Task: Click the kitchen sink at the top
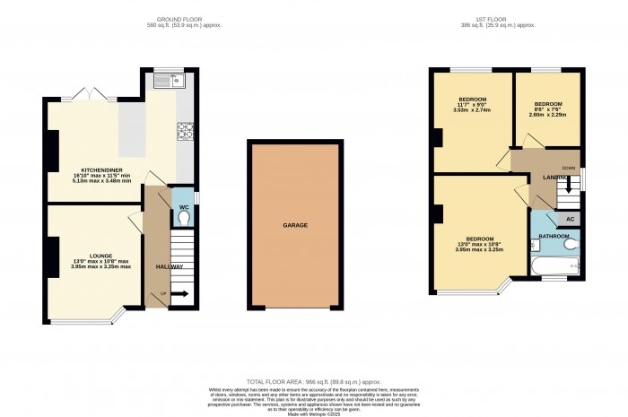point(168,83)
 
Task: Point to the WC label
point(183,206)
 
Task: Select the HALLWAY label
point(170,266)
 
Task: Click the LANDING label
point(555,177)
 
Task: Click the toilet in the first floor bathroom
point(570,242)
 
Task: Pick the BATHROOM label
point(554,236)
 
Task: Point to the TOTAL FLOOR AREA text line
point(314,381)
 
